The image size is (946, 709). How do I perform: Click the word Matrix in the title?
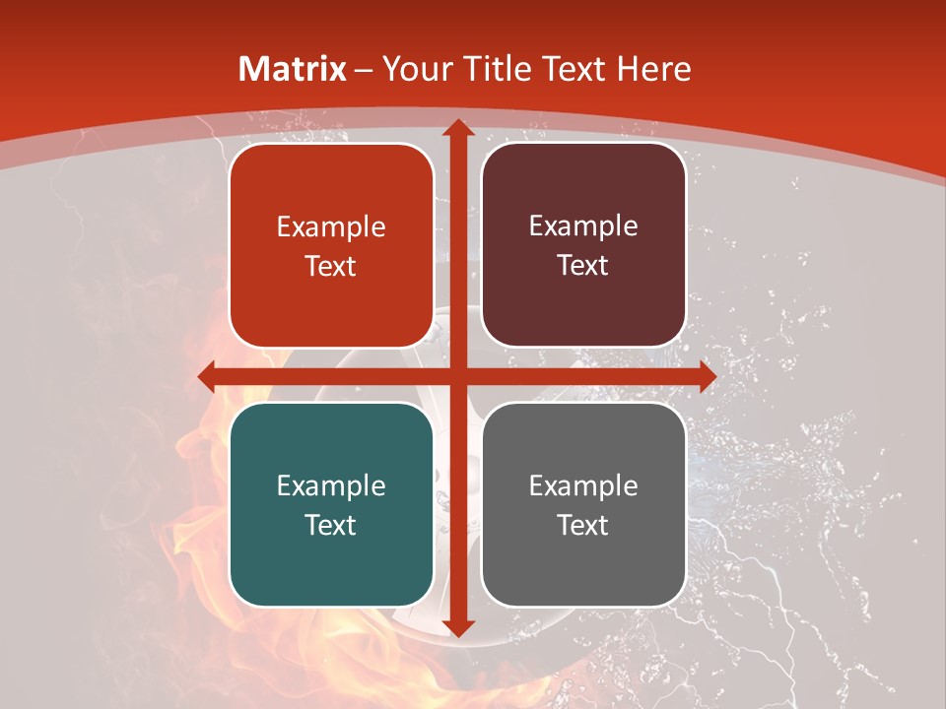tap(293, 69)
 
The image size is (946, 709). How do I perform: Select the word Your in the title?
tap(412, 69)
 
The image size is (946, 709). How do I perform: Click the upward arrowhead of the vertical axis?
tap(457, 128)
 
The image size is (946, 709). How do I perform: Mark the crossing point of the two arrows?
tap(457, 375)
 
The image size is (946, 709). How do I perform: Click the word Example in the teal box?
tap(331, 485)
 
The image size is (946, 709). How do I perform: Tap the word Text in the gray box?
tap(583, 525)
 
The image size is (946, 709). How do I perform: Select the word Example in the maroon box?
tap(583, 226)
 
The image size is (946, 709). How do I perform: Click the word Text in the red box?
tap(331, 266)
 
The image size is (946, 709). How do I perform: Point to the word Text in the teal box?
tap(331, 525)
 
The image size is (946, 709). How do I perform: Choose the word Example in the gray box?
tap(583, 485)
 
